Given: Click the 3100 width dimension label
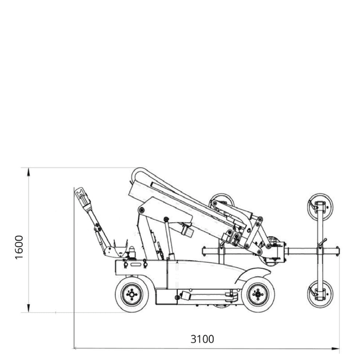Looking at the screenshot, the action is tap(202, 339).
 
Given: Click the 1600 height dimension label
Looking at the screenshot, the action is tap(19, 247).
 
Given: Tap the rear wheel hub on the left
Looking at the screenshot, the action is tap(132, 295).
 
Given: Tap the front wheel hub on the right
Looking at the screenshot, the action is tap(258, 295).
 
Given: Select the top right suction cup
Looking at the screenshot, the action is tap(320, 206).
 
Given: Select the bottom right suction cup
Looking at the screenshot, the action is tap(320, 294).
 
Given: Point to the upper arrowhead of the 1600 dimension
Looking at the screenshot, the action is tap(29, 172).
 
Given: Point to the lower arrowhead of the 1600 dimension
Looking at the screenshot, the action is tap(29, 308).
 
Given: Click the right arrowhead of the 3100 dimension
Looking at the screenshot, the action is tap(335, 349).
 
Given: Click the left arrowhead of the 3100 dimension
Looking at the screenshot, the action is tap(78, 349).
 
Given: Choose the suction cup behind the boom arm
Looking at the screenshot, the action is tap(222, 199).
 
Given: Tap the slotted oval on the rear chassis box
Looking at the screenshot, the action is tap(136, 264).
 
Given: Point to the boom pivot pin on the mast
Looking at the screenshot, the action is tap(142, 210).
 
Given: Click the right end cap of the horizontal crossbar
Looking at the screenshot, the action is tap(337, 251).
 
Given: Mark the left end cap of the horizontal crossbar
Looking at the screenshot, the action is tap(204, 251).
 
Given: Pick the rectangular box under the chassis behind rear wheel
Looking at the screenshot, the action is tap(166, 296).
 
